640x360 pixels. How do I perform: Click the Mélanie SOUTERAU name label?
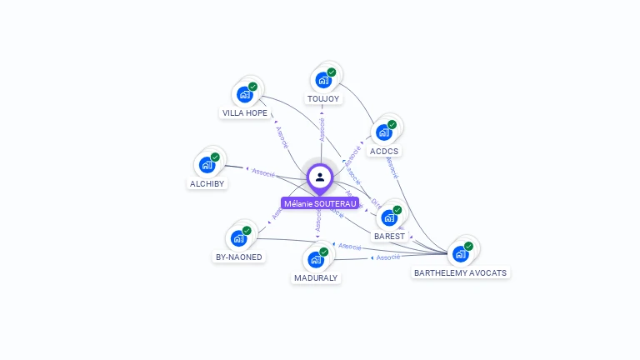click(x=320, y=203)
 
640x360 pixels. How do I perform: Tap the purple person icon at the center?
click(x=320, y=177)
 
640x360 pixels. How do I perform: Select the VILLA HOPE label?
click(x=245, y=112)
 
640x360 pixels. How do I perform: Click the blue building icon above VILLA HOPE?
click(x=244, y=94)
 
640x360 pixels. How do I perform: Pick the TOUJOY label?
click(x=323, y=98)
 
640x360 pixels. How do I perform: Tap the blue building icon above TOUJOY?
click(x=322, y=81)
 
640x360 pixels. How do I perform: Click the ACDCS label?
click(x=384, y=152)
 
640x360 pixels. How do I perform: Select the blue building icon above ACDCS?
click(x=383, y=132)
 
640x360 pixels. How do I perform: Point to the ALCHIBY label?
click(x=207, y=183)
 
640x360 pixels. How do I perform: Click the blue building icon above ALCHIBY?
click(x=207, y=165)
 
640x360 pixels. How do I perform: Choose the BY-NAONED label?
click(x=239, y=257)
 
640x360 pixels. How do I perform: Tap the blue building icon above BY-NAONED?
click(x=238, y=238)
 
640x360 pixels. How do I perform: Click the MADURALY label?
click(x=317, y=277)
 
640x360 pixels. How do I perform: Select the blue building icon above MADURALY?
click(x=316, y=259)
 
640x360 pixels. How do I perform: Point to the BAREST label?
click(x=389, y=236)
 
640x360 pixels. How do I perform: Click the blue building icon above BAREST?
click(x=388, y=218)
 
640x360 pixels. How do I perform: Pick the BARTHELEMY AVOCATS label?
click(x=461, y=272)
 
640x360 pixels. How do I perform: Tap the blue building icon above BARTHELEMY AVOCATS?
click(x=460, y=254)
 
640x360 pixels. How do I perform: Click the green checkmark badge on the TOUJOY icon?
click(x=332, y=72)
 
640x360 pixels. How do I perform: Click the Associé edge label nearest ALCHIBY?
click(x=263, y=172)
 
